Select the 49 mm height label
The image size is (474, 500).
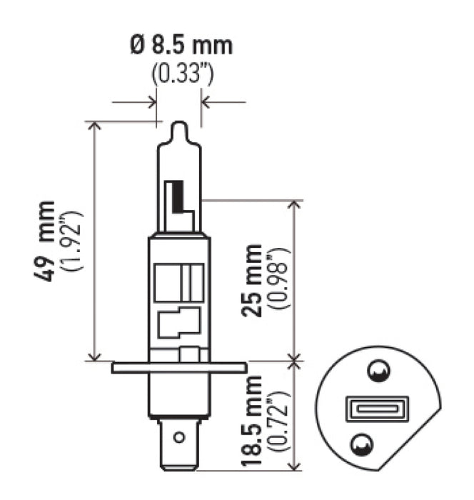click(48, 241)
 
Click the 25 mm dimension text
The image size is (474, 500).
click(252, 280)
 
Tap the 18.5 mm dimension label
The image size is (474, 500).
click(252, 421)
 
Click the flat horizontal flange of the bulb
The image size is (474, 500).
click(179, 367)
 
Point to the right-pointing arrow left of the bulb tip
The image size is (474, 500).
click(151, 102)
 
